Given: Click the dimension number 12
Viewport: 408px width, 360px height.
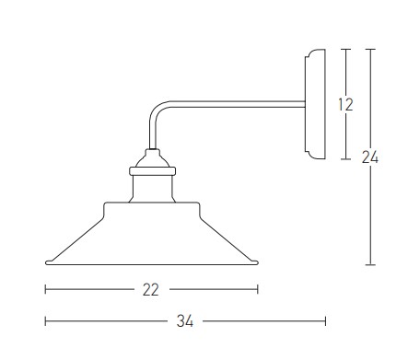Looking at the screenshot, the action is (345, 104).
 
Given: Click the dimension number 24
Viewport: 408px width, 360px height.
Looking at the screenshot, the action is (370, 157).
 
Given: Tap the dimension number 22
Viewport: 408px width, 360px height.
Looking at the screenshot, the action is (151, 290).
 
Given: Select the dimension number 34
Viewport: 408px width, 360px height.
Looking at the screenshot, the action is (185, 321).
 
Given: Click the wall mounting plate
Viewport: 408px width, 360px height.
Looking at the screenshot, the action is (315, 104).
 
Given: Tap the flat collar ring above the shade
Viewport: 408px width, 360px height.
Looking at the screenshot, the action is (153, 171).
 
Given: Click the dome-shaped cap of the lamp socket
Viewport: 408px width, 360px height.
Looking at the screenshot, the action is (153, 158).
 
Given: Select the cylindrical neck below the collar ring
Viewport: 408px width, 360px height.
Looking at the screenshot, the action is (152, 189).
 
